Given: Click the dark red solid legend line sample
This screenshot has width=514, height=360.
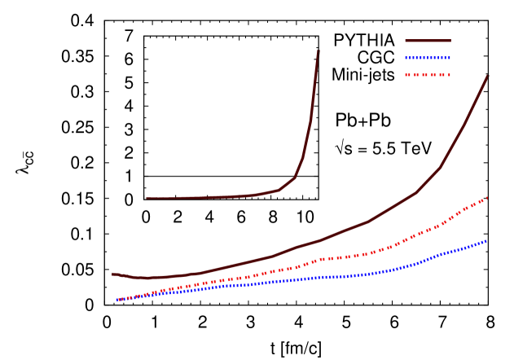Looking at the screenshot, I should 428,41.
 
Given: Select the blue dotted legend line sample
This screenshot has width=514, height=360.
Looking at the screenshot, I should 428,58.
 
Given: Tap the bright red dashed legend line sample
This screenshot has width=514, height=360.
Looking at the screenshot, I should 428,75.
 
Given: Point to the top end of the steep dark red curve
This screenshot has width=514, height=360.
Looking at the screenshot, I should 319,51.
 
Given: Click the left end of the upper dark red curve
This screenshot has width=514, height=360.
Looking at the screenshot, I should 147,198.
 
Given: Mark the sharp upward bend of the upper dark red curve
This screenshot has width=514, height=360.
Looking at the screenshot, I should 295,177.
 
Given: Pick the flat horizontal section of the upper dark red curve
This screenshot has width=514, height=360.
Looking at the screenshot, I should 204,197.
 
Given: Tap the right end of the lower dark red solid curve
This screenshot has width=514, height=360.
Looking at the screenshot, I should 488,76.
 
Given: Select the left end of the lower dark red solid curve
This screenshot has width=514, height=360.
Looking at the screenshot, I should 112,274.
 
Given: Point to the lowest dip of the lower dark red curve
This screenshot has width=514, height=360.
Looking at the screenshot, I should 147,278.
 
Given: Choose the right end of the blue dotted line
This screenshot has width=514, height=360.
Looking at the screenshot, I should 486,241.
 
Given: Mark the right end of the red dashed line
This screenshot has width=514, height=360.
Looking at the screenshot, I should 486,198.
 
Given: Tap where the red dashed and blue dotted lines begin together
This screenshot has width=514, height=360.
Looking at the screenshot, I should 118,300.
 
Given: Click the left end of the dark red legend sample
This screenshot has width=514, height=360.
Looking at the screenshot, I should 406,41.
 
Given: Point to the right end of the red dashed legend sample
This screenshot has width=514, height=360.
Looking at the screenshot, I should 450,75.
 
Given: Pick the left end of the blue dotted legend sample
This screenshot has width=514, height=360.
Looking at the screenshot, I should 406,58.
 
